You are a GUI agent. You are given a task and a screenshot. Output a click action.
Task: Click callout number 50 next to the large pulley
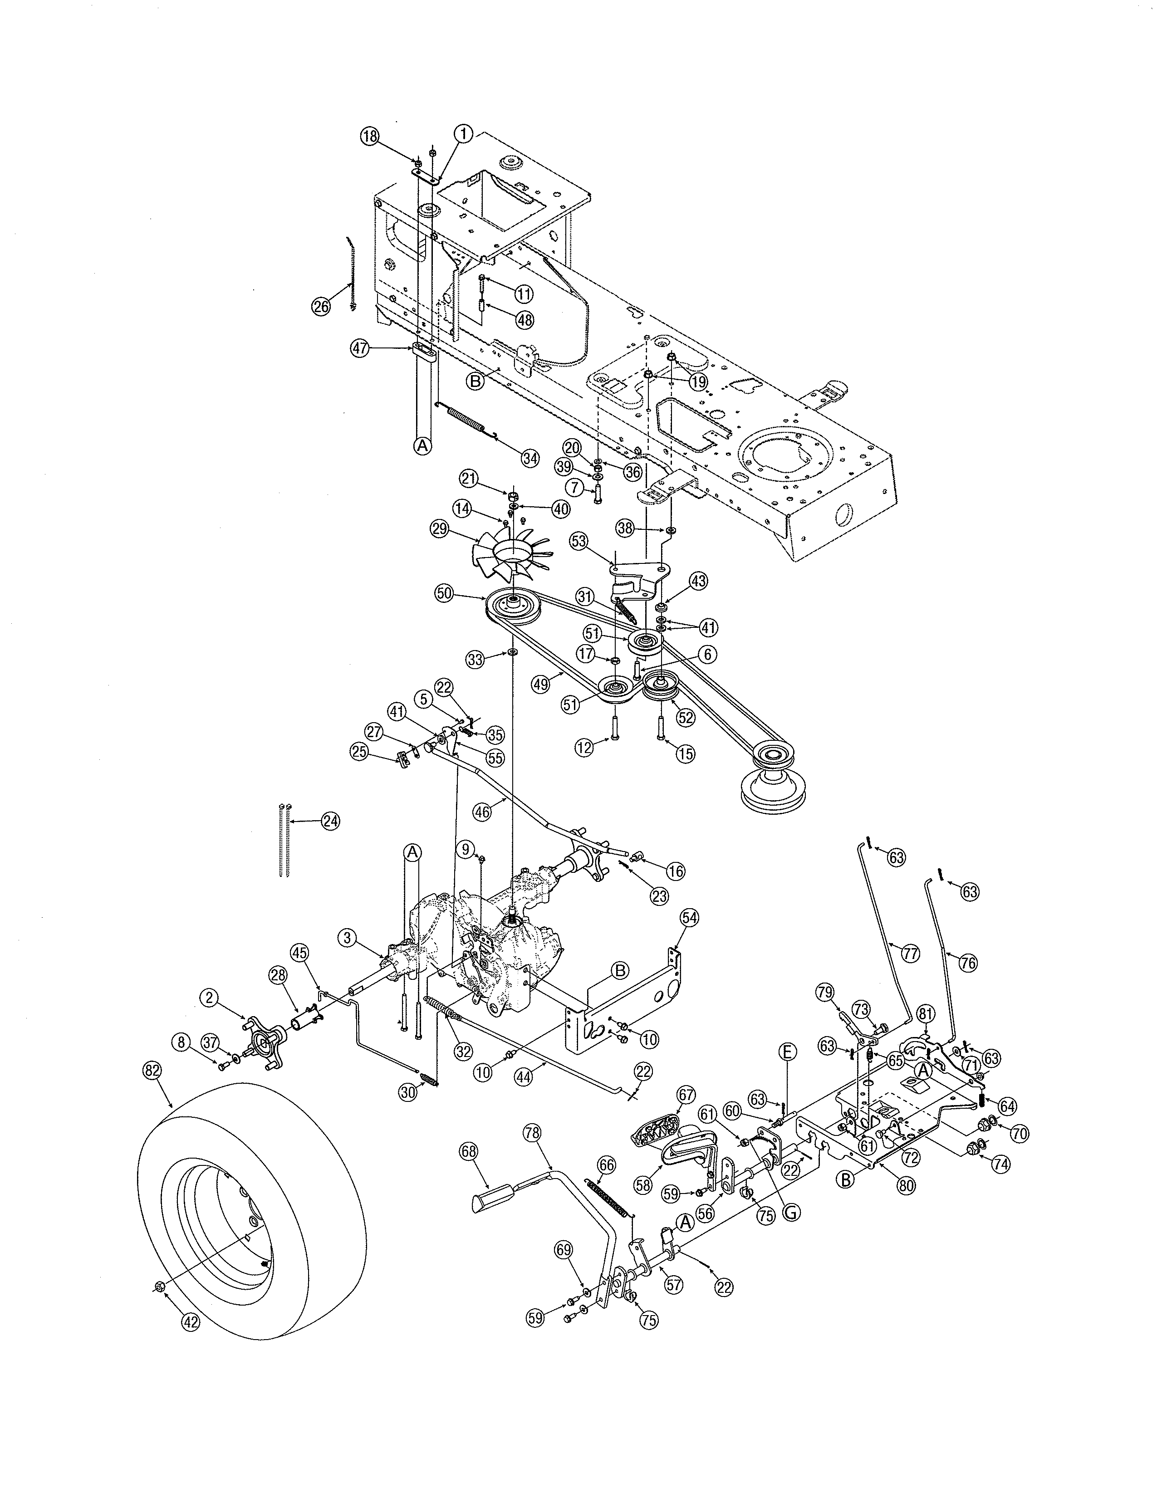point(445,594)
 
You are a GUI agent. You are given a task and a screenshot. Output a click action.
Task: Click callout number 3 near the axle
point(348,938)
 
